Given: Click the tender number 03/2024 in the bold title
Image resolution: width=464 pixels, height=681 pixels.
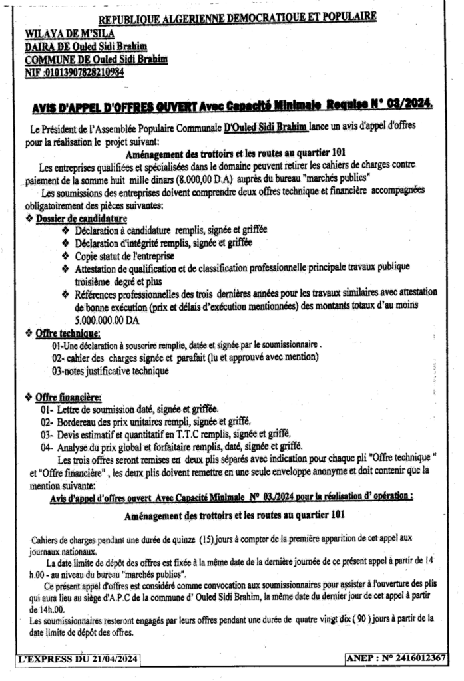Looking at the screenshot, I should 408,104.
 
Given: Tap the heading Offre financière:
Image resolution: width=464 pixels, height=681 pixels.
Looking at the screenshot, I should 67,397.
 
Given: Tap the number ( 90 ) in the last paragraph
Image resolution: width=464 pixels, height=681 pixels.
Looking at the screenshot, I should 363,620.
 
